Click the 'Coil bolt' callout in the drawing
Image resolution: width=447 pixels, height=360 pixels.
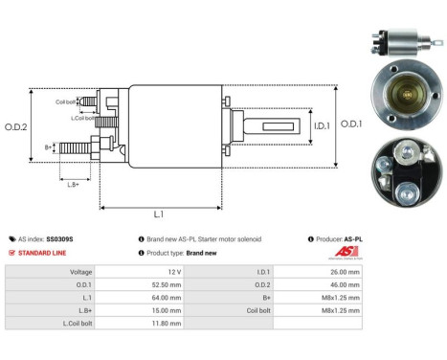(65, 101)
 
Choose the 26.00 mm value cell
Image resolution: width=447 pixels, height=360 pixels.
(346, 271)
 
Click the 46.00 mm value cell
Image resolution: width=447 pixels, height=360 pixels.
(346, 284)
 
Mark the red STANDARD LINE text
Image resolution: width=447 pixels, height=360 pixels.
(49, 253)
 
